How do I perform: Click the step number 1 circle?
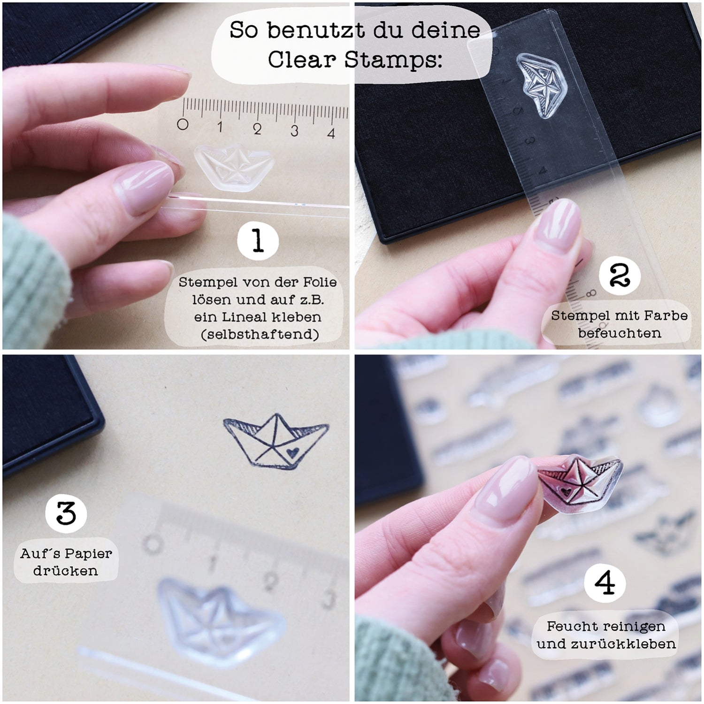(258, 242)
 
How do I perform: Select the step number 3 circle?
(66, 513)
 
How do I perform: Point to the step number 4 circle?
(605, 583)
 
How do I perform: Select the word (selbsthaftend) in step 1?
(259, 334)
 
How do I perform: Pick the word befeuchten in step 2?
(620, 333)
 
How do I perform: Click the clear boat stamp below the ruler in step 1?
(233, 166)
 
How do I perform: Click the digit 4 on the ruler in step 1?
(331, 133)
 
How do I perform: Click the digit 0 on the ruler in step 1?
(183, 124)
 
